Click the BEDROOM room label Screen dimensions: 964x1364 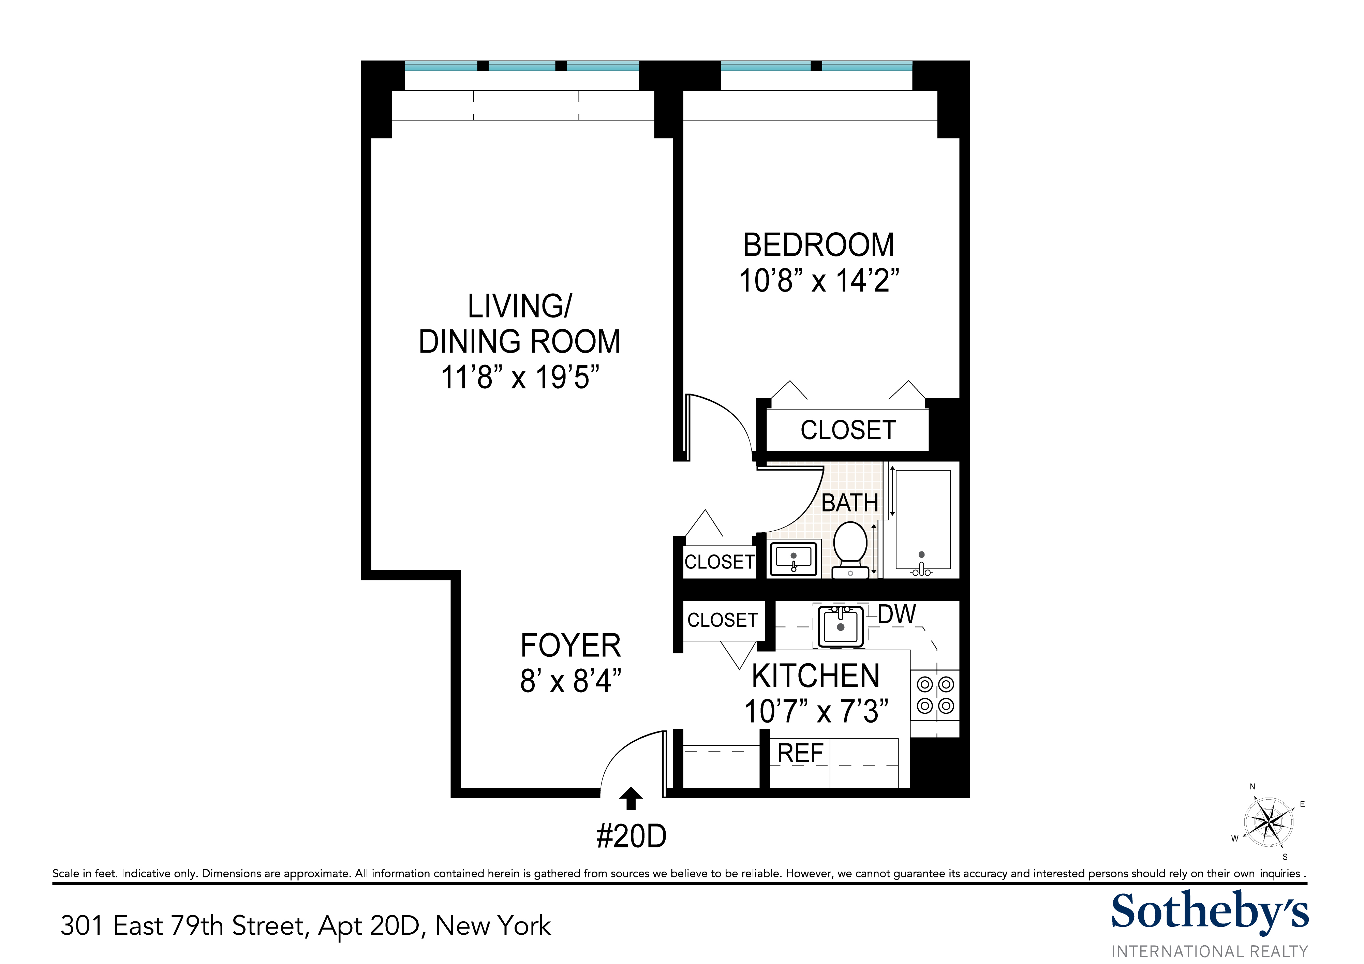pos(818,245)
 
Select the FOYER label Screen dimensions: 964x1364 pos(570,646)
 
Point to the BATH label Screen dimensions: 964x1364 pos(849,503)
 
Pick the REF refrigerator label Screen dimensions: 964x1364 pos(800,754)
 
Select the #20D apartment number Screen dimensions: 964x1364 pos(631,836)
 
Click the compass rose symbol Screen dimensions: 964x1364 pos(1269,822)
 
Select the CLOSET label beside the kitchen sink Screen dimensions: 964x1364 pos(722,620)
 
